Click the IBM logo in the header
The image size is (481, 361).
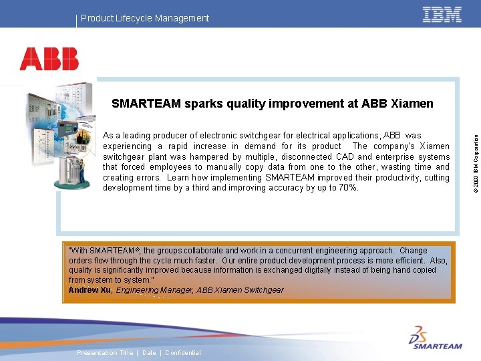[x=442, y=15]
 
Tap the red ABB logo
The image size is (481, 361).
[x=49, y=59]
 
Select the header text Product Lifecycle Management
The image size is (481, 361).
[x=145, y=18]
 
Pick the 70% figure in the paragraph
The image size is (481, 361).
[x=347, y=188]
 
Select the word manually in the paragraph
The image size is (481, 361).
[x=226, y=167]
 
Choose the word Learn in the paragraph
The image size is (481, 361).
[x=178, y=177]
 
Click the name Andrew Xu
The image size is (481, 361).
[x=90, y=290]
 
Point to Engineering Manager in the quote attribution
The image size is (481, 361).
[x=151, y=290]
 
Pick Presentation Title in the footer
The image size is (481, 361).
[x=105, y=353]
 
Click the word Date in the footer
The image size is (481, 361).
[x=149, y=353]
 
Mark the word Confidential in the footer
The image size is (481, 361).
[x=182, y=353]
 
